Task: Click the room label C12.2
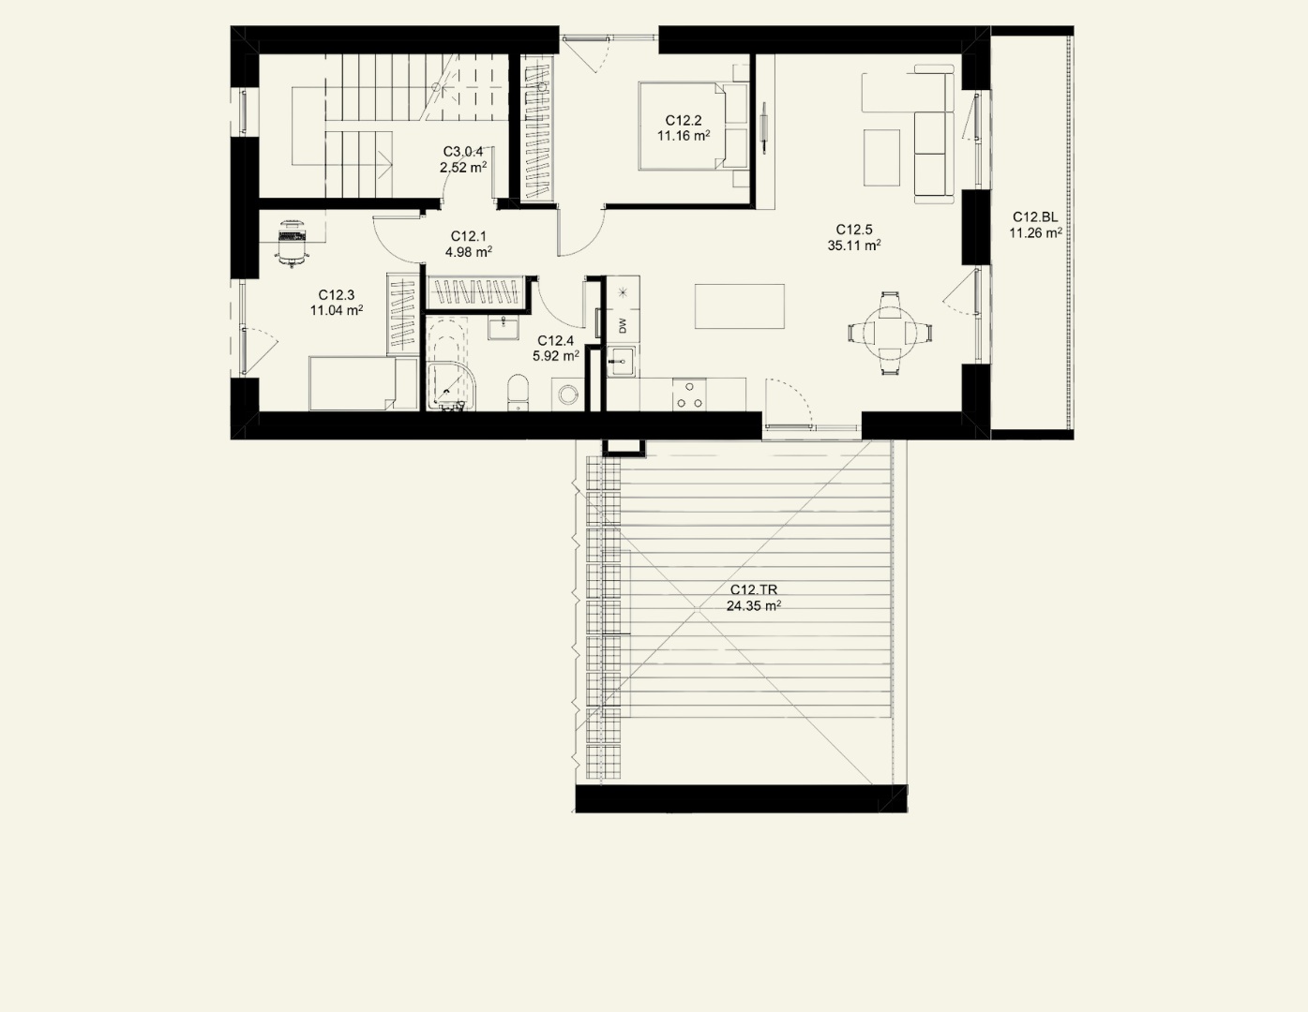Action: [684, 120]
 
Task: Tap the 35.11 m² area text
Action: [854, 245]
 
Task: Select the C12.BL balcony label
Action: [1035, 217]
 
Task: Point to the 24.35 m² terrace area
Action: [754, 605]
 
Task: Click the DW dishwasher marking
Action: [623, 325]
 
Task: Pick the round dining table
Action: [890, 333]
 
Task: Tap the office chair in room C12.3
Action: [293, 243]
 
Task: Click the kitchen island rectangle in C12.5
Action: [739, 306]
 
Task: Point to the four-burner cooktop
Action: [689, 394]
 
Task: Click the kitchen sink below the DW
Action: [621, 361]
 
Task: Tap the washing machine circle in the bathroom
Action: [567, 395]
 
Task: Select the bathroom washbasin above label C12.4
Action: [504, 328]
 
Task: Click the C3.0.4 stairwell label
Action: [463, 152]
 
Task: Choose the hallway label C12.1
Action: [468, 236]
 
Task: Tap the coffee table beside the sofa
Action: [881, 157]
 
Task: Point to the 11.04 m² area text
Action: [337, 310]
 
